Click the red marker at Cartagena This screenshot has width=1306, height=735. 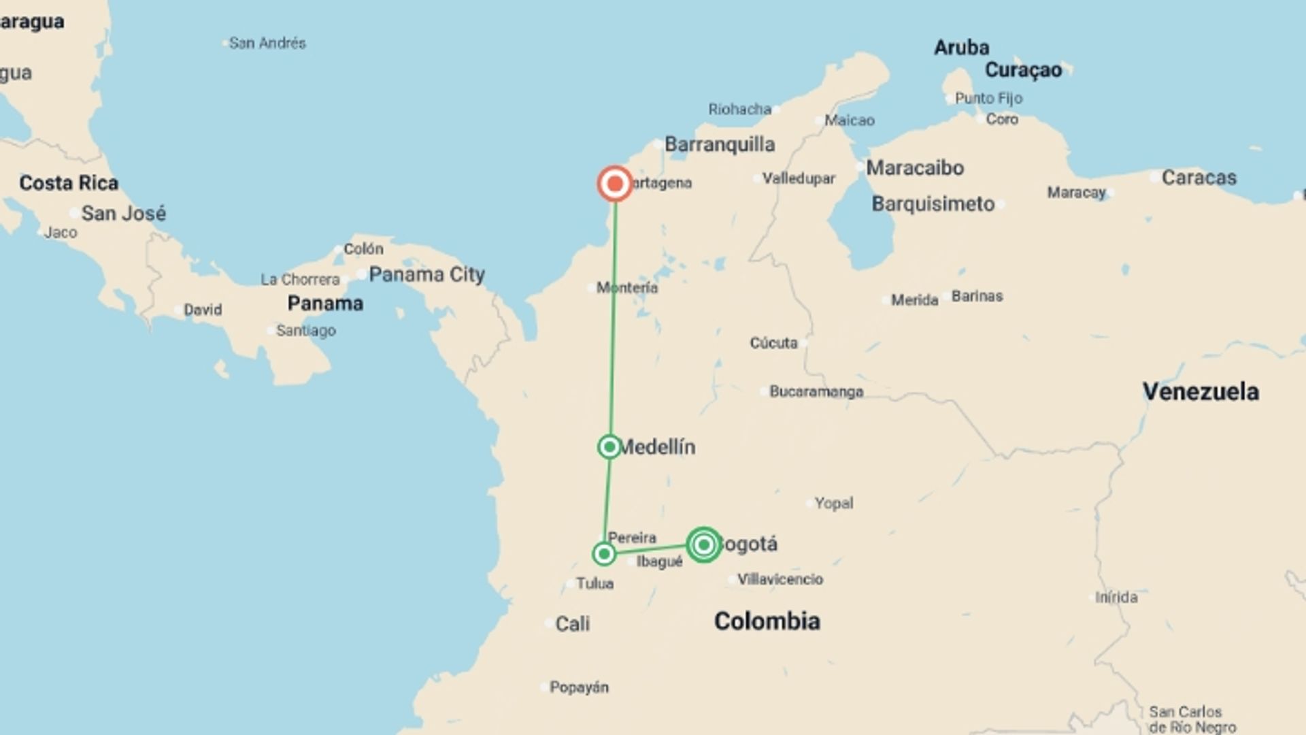[615, 184]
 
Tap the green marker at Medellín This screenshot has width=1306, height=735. [609, 446]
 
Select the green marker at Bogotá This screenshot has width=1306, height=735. [704, 544]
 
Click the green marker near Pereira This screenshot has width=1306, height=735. [604, 554]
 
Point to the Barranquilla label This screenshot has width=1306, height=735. [720, 144]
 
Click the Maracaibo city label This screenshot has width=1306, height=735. [915, 167]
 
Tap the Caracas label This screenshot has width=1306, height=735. [1199, 178]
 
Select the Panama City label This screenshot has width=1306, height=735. [426, 274]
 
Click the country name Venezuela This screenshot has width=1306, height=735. [1201, 391]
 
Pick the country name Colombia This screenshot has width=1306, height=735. [767, 621]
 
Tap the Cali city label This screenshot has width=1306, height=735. [572, 623]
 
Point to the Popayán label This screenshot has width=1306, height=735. [579, 687]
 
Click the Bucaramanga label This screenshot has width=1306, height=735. [816, 391]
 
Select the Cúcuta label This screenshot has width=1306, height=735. [773, 343]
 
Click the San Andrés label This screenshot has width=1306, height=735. [267, 43]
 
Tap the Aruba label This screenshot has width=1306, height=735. [961, 48]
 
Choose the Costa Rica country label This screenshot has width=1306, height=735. [69, 182]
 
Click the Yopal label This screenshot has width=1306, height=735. [834, 503]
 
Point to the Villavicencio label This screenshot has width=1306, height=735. [780, 579]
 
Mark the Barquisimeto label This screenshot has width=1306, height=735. [933, 203]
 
